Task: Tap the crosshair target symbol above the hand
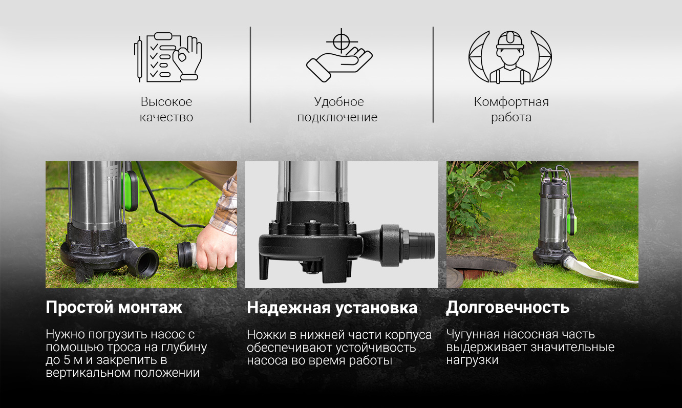(342, 41)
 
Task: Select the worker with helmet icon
(510, 57)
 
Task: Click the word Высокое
(166, 102)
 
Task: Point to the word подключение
(337, 118)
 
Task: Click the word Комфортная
(511, 102)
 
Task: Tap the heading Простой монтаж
(114, 307)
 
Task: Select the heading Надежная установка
(332, 307)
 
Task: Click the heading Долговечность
(507, 307)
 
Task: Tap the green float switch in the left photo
(131, 191)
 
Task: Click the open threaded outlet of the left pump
(146, 261)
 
